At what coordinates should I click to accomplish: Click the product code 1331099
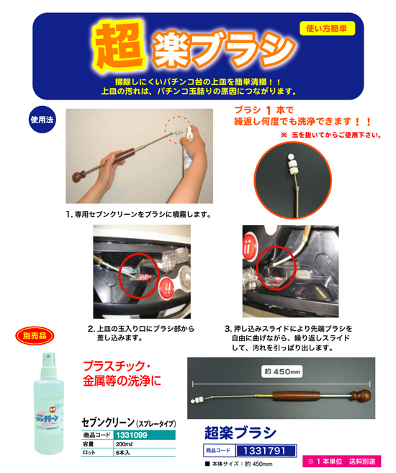[x=133, y=436]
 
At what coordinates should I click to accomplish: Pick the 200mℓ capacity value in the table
[x=126, y=446]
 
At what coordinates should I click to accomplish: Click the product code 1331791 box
[x=258, y=450]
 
